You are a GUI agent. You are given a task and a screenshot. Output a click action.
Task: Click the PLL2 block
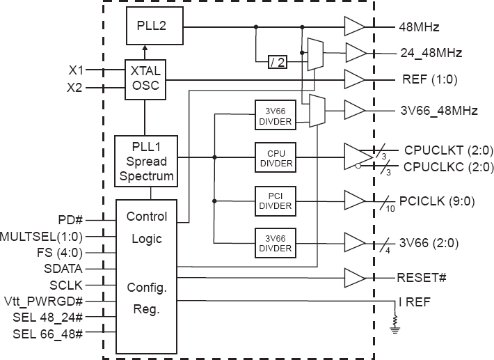pyautogui.click(x=155, y=26)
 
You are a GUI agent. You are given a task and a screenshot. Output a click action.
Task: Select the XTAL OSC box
pyautogui.click(x=145, y=78)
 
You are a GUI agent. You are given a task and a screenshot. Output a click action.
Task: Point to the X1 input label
pyautogui.click(x=76, y=70)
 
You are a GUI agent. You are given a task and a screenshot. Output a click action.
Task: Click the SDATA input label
pyautogui.click(x=65, y=267)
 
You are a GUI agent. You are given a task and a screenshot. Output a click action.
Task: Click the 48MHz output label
pyautogui.click(x=419, y=29)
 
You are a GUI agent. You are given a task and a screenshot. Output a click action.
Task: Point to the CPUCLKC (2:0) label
pyautogui.click(x=439, y=167)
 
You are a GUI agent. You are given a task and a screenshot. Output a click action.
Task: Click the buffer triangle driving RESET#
pyautogui.click(x=354, y=279)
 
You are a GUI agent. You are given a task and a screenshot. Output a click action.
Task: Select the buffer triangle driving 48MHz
pyautogui.click(x=354, y=28)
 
